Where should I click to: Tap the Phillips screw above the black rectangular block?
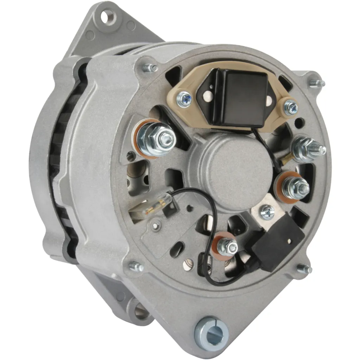[x=267, y=212]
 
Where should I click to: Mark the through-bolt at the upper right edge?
[x=316, y=84]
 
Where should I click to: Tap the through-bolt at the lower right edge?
[x=304, y=269]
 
